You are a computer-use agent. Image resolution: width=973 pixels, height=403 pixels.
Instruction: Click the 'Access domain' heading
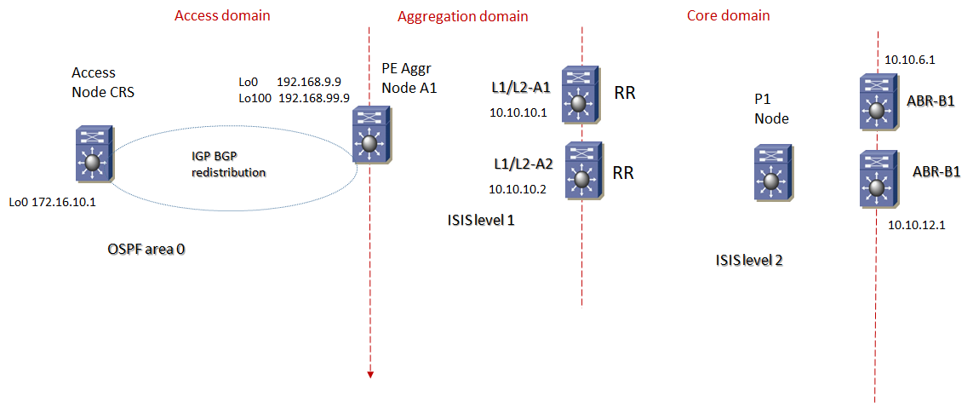point(222,15)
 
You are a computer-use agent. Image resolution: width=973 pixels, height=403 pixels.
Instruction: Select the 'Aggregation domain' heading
point(463,16)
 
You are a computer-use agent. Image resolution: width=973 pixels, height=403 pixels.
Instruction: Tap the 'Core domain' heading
point(728,15)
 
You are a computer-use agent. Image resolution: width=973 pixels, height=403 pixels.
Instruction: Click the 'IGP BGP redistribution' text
point(229,164)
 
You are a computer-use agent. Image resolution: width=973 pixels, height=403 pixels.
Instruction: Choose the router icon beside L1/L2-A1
point(581,95)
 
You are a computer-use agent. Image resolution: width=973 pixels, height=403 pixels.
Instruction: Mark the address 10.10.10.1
point(518,112)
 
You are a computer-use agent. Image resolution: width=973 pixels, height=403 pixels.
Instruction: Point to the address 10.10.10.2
point(518,189)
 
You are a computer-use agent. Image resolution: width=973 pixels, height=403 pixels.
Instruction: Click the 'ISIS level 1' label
point(481,220)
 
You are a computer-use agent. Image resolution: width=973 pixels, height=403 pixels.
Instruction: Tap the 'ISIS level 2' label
point(749,260)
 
